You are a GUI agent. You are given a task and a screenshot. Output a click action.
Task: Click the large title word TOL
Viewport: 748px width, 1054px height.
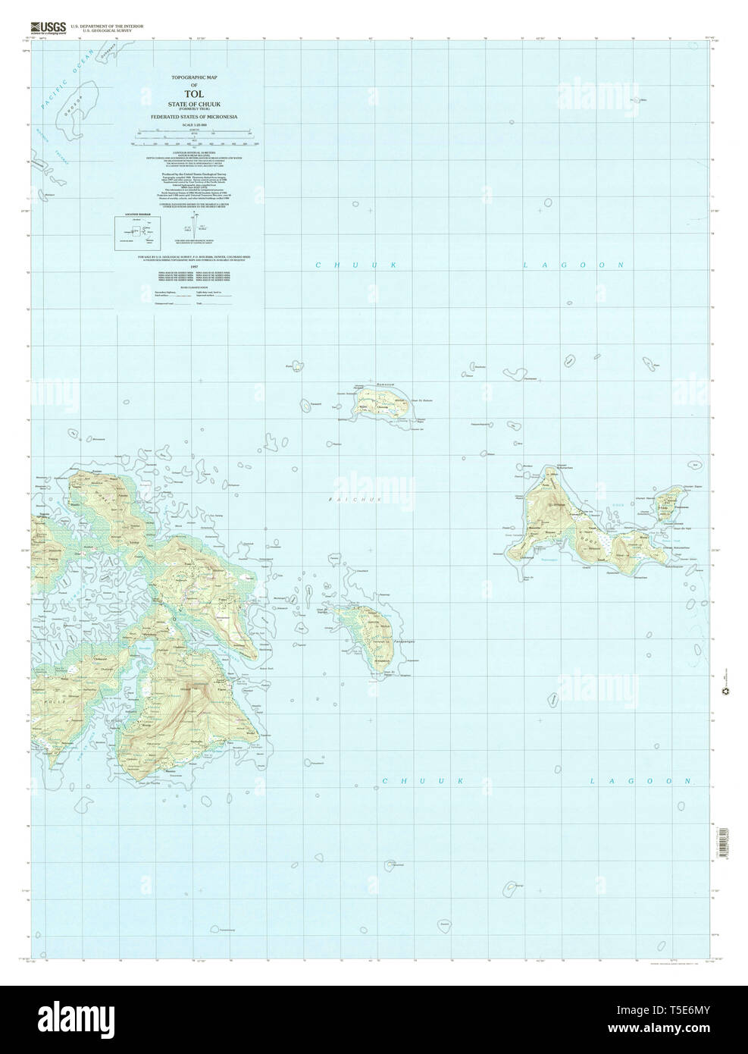tap(193, 96)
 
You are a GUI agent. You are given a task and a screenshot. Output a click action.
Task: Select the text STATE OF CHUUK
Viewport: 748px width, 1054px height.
tap(193, 105)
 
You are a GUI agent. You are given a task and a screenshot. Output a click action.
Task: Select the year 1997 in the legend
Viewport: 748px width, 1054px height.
tap(193, 266)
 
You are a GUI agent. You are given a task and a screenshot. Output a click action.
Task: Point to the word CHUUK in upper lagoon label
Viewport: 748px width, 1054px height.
tap(356, 265)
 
